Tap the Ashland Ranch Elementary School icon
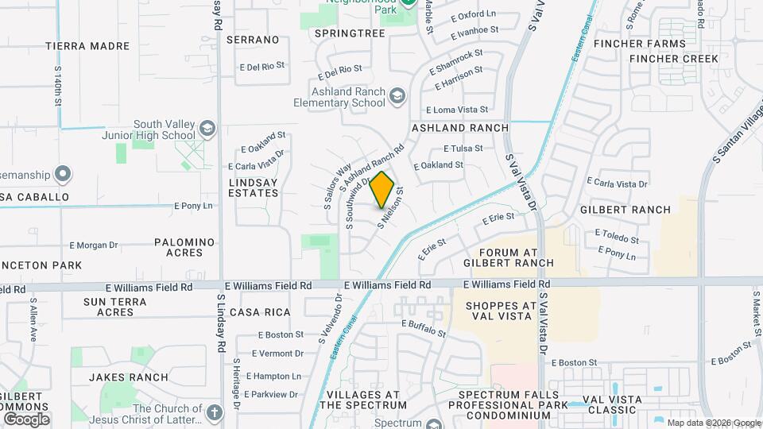tap(397, 97)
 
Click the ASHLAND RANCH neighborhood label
tap(459, 128)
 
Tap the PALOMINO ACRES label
tap(184, 247)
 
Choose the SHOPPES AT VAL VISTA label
tap(502, 312)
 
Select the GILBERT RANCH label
tap(626, 210)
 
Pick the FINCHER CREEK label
tap(674, 59)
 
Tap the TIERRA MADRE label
tap(87, 46)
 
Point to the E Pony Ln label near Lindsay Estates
tap(194, 206)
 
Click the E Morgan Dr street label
tap(94, 245)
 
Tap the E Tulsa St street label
tap(463, 149)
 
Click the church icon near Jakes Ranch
tap(214, 412)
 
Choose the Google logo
tap(26, 419)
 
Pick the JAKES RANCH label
tap(128, 377)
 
